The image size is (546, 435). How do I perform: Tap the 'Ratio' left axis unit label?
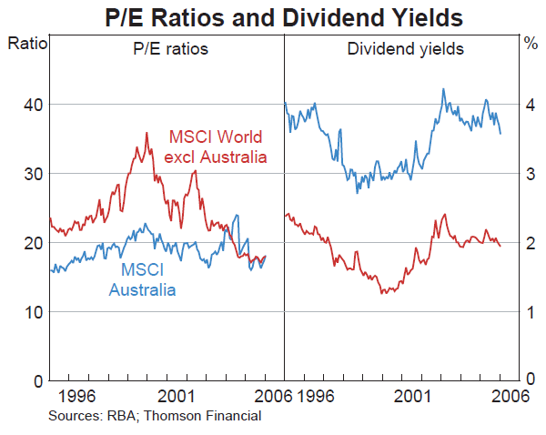point(25,43)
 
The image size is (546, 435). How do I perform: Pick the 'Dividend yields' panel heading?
point(406,49)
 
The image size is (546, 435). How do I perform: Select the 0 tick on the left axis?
point(35,380)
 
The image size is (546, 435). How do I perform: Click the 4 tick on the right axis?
point(530,105)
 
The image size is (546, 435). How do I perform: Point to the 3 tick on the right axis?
point(530,174)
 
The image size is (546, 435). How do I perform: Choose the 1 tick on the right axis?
point(530,312)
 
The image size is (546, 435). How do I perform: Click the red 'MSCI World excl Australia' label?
point(217,147)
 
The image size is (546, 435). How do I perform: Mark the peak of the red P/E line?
point(147,133)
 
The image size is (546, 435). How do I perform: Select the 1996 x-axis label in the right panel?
point(311,397)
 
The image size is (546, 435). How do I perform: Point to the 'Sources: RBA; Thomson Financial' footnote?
point(155,416)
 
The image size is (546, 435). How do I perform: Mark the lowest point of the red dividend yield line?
point(382,293)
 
